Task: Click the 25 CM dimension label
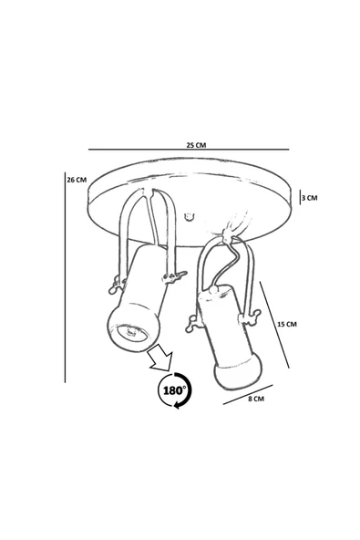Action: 196,145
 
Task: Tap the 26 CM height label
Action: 77,180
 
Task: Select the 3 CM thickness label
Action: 309,198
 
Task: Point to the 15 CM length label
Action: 287,324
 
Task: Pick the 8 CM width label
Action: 256,399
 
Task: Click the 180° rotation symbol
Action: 174,390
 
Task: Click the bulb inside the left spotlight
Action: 132,333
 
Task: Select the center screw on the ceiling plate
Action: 188,217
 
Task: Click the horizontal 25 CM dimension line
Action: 189,150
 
